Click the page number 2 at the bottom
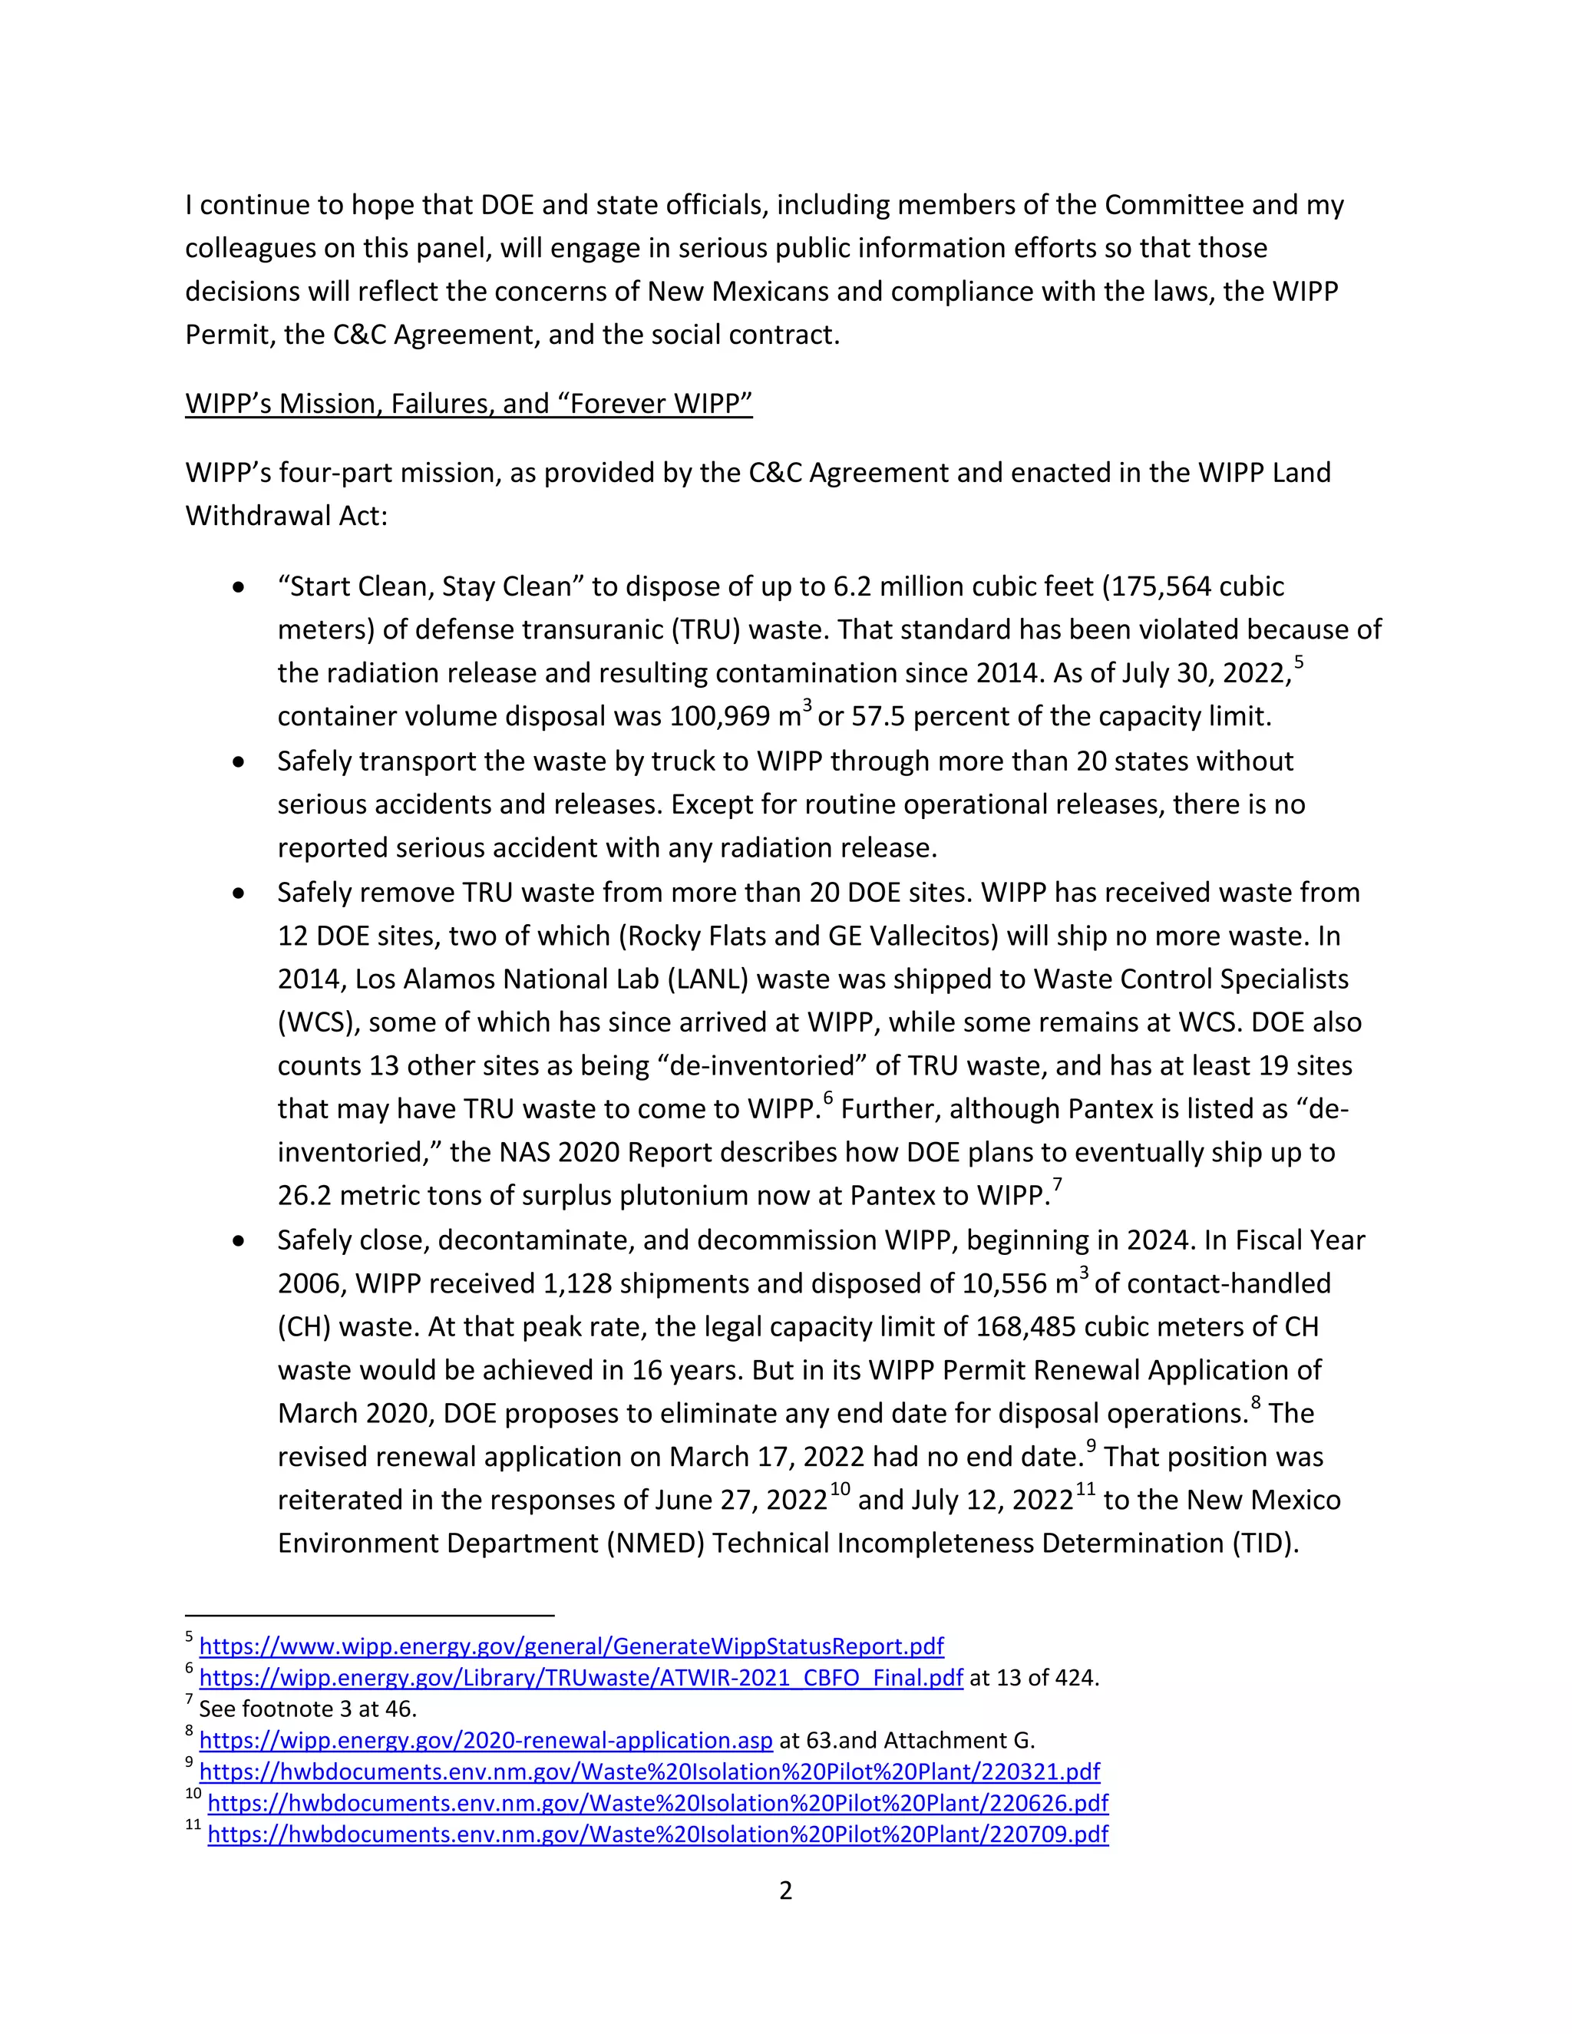785,1890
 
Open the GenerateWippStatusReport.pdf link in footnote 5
571,1646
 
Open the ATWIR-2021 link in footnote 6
580,1677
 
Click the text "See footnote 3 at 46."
307,1709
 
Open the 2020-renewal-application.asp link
485,1740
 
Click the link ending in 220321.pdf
649,1771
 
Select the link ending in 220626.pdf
658,1803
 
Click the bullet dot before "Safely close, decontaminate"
239,1241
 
